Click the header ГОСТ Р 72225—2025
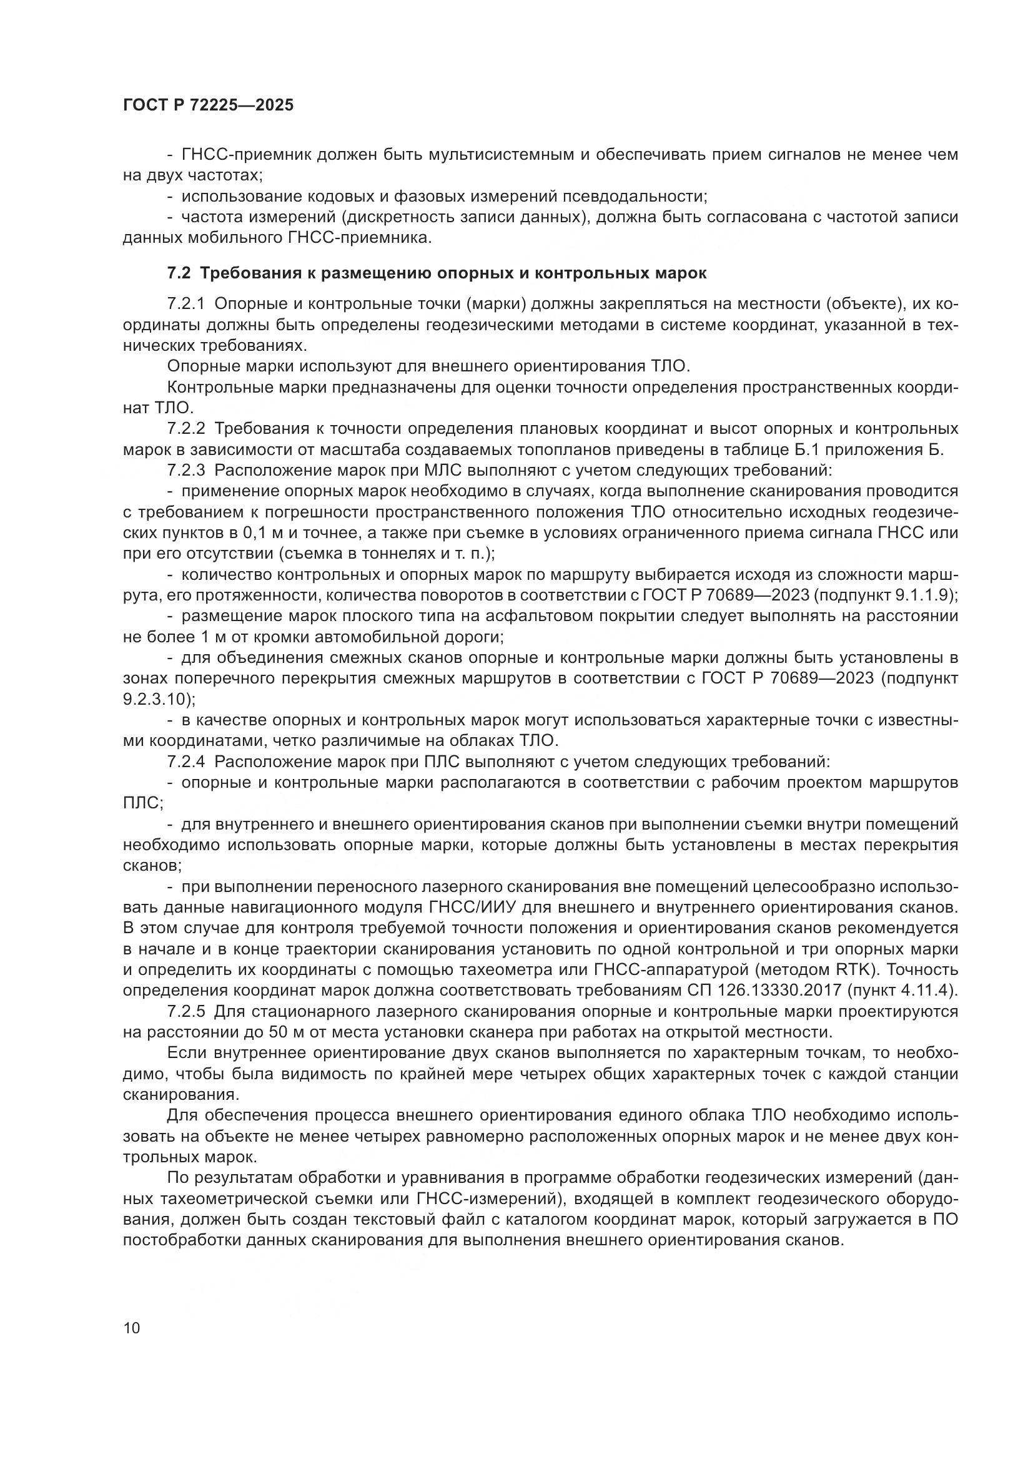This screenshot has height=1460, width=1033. coord(208,105)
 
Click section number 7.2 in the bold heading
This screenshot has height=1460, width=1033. coord(179,273)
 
